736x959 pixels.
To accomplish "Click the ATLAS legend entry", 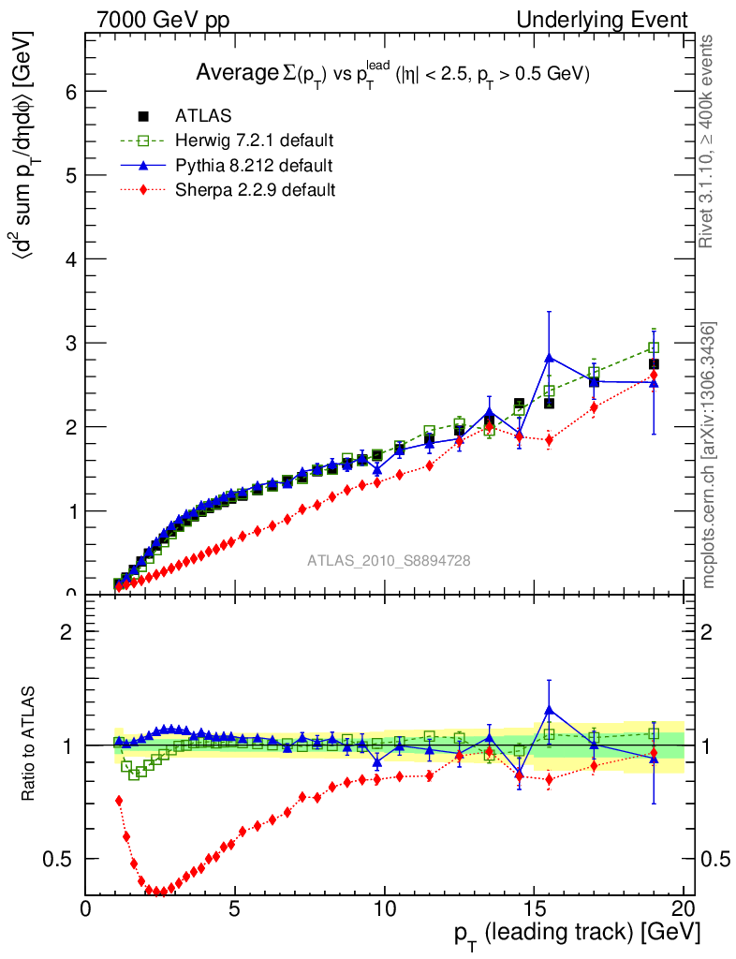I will coord(203,116).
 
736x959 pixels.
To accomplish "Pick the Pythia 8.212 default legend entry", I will coord(254,166).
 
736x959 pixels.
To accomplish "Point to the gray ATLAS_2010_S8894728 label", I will coord(389,561).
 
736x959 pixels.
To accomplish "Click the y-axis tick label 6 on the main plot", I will coord(70,92).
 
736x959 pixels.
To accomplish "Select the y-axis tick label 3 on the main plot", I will coord(70,343).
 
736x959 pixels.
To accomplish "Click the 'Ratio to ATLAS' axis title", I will coord(30,745).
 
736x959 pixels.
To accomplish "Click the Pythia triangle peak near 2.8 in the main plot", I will coord(550,357).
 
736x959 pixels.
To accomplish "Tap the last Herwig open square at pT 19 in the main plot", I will coord(654,347).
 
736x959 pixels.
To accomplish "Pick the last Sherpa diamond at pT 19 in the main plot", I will coord(654,376).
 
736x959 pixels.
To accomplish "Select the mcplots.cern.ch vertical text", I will coord(709,455).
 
